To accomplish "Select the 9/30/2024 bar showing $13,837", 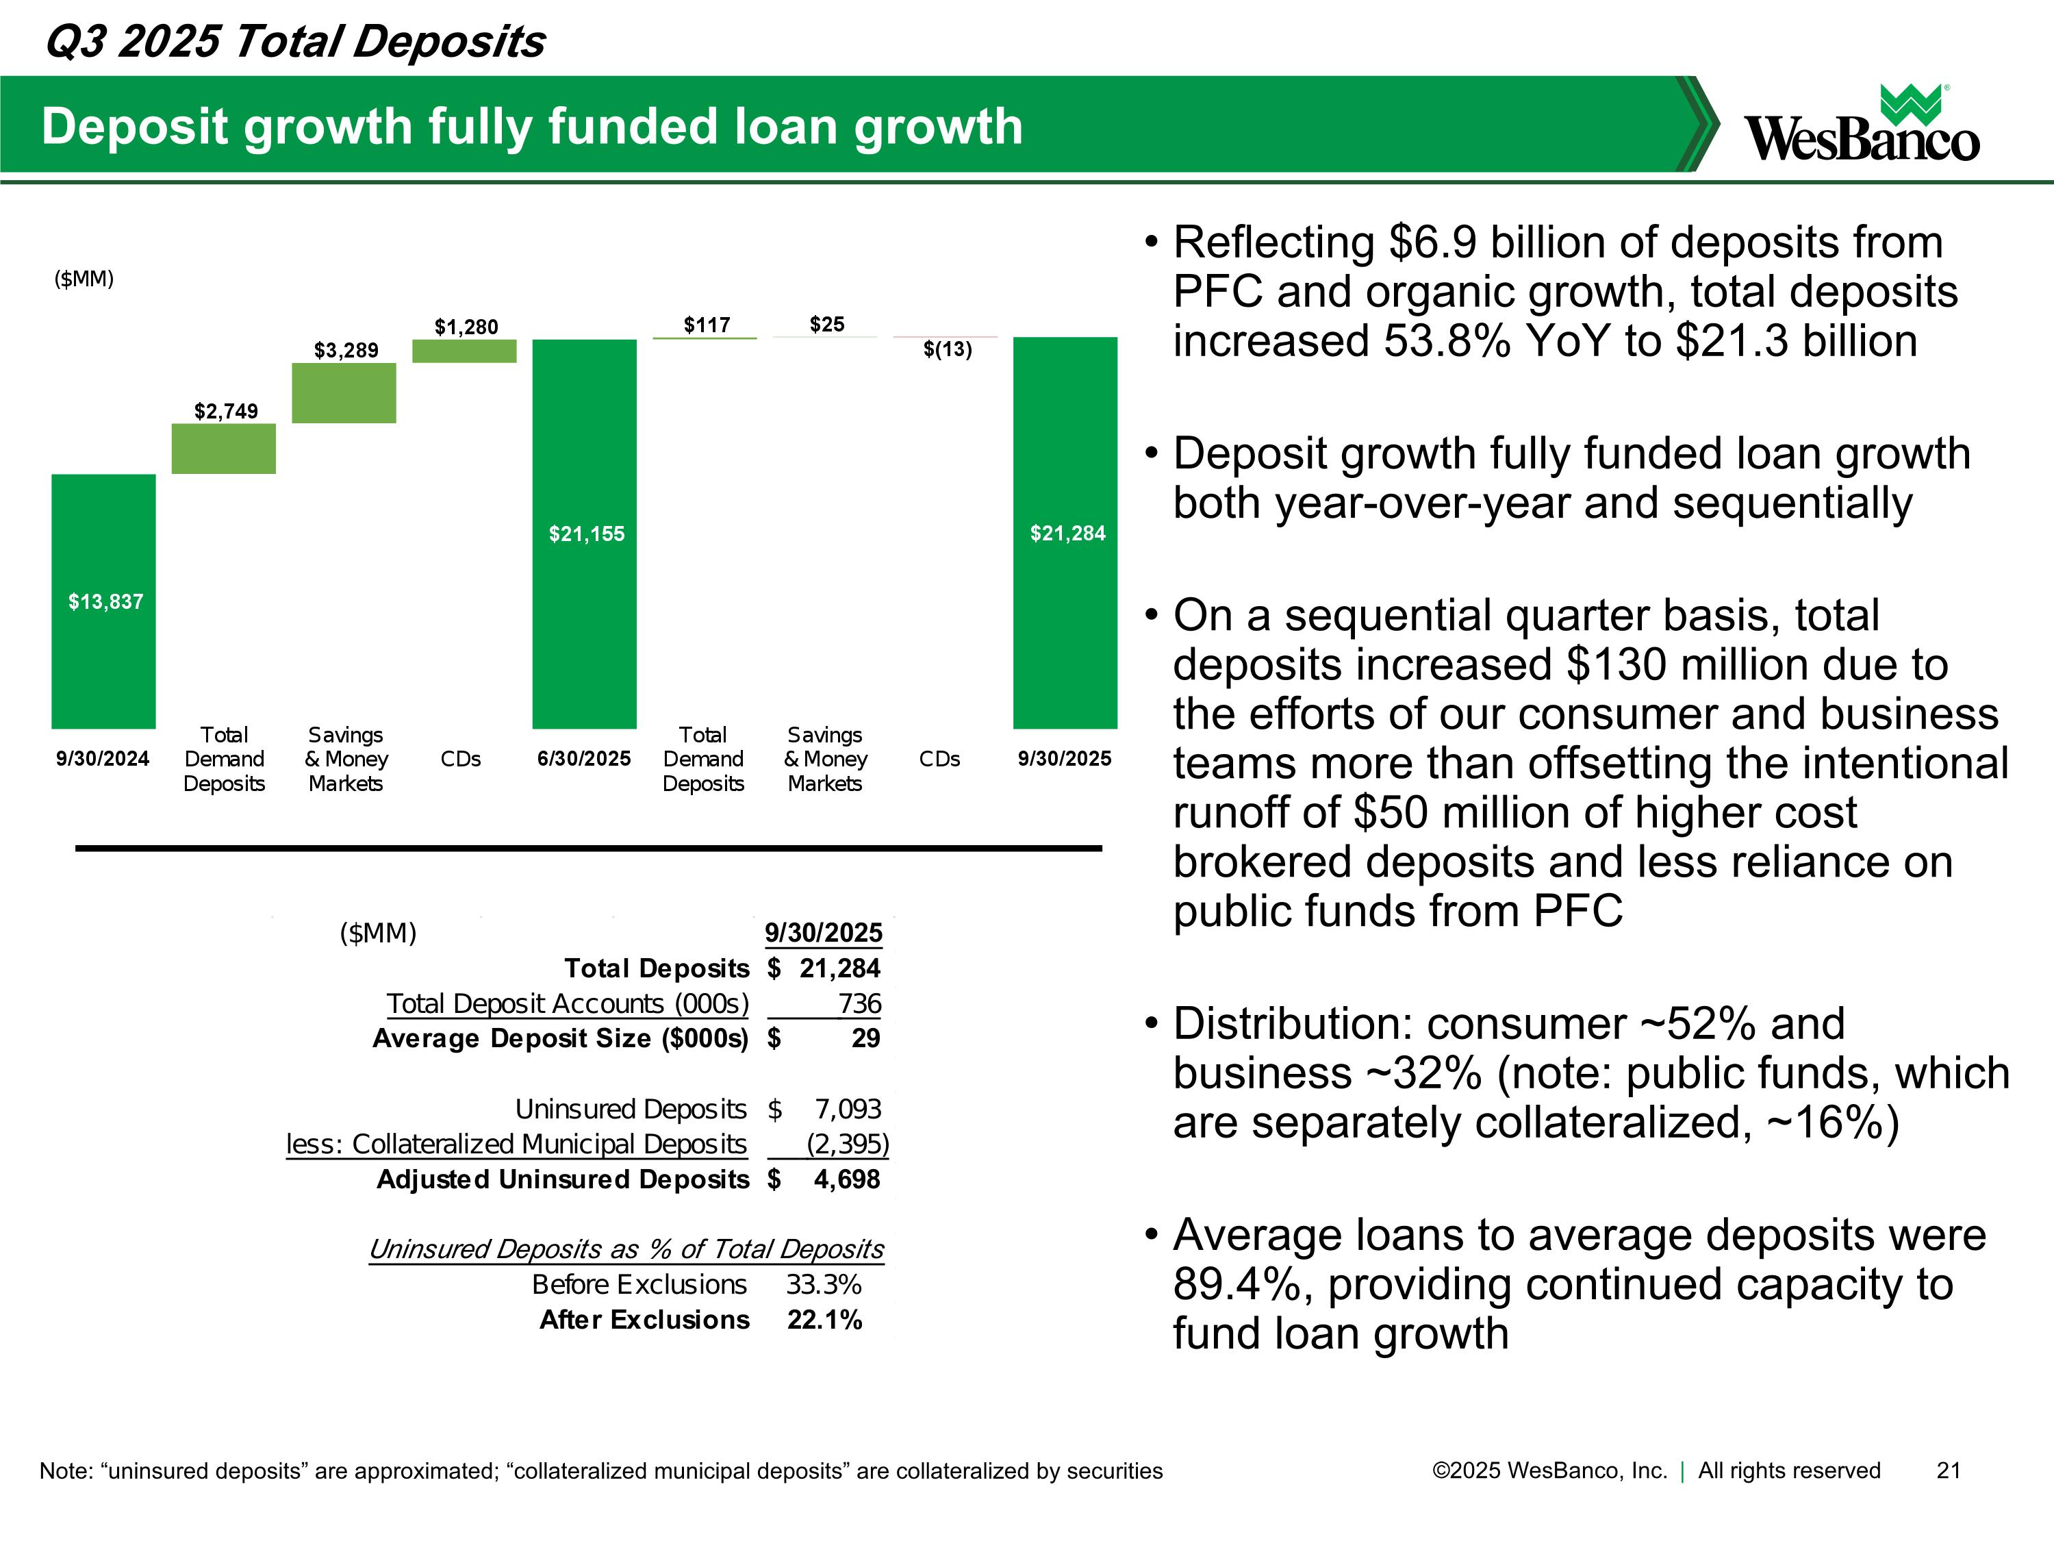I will tap(103, 601).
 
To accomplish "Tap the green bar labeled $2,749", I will tap(224, 449).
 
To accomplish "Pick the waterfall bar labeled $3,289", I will tap(344, 393).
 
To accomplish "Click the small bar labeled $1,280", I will tap(464, 351).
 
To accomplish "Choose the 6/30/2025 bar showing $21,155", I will tap(584, 533).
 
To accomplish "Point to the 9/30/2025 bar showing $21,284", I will tap(1065, 532).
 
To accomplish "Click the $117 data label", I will tap(707, 324).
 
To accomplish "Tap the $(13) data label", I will tap(947, 349).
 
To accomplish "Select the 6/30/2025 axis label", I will tap(584, 759).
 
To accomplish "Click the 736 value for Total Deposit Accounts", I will tap(859, 1003).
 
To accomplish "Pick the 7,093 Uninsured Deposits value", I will tap(847, 1109).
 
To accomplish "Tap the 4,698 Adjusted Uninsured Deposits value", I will tap(846, 1179).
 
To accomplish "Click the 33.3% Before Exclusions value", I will tap(824, 1285).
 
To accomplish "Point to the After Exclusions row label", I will tap(644, 1320).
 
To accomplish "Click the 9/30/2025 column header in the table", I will tap(823, 933).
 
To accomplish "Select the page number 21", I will tap(1948, 1470).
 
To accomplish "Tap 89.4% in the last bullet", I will tap(1241, 1285).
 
